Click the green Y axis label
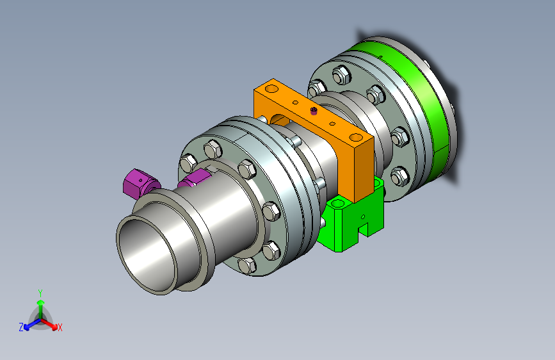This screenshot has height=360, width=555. pyautogui.click(x=40, y=293)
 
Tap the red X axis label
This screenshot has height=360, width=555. pyautogui.click(x=60, y=327)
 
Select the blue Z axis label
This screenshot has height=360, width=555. pyautogui.click(x=21, y=327)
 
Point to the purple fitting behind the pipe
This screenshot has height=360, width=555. pyautogui.click(x=193, y=178)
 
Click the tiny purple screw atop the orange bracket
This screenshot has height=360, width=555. pyautogui.click(x=314, y=111)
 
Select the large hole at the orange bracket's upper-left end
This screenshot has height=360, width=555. pyautogui.click(x=272, y=88)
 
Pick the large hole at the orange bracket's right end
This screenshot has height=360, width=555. pyautogui.click(x=355, y=137)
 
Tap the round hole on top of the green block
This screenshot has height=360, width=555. pyautogui.click(x=337, y=204)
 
